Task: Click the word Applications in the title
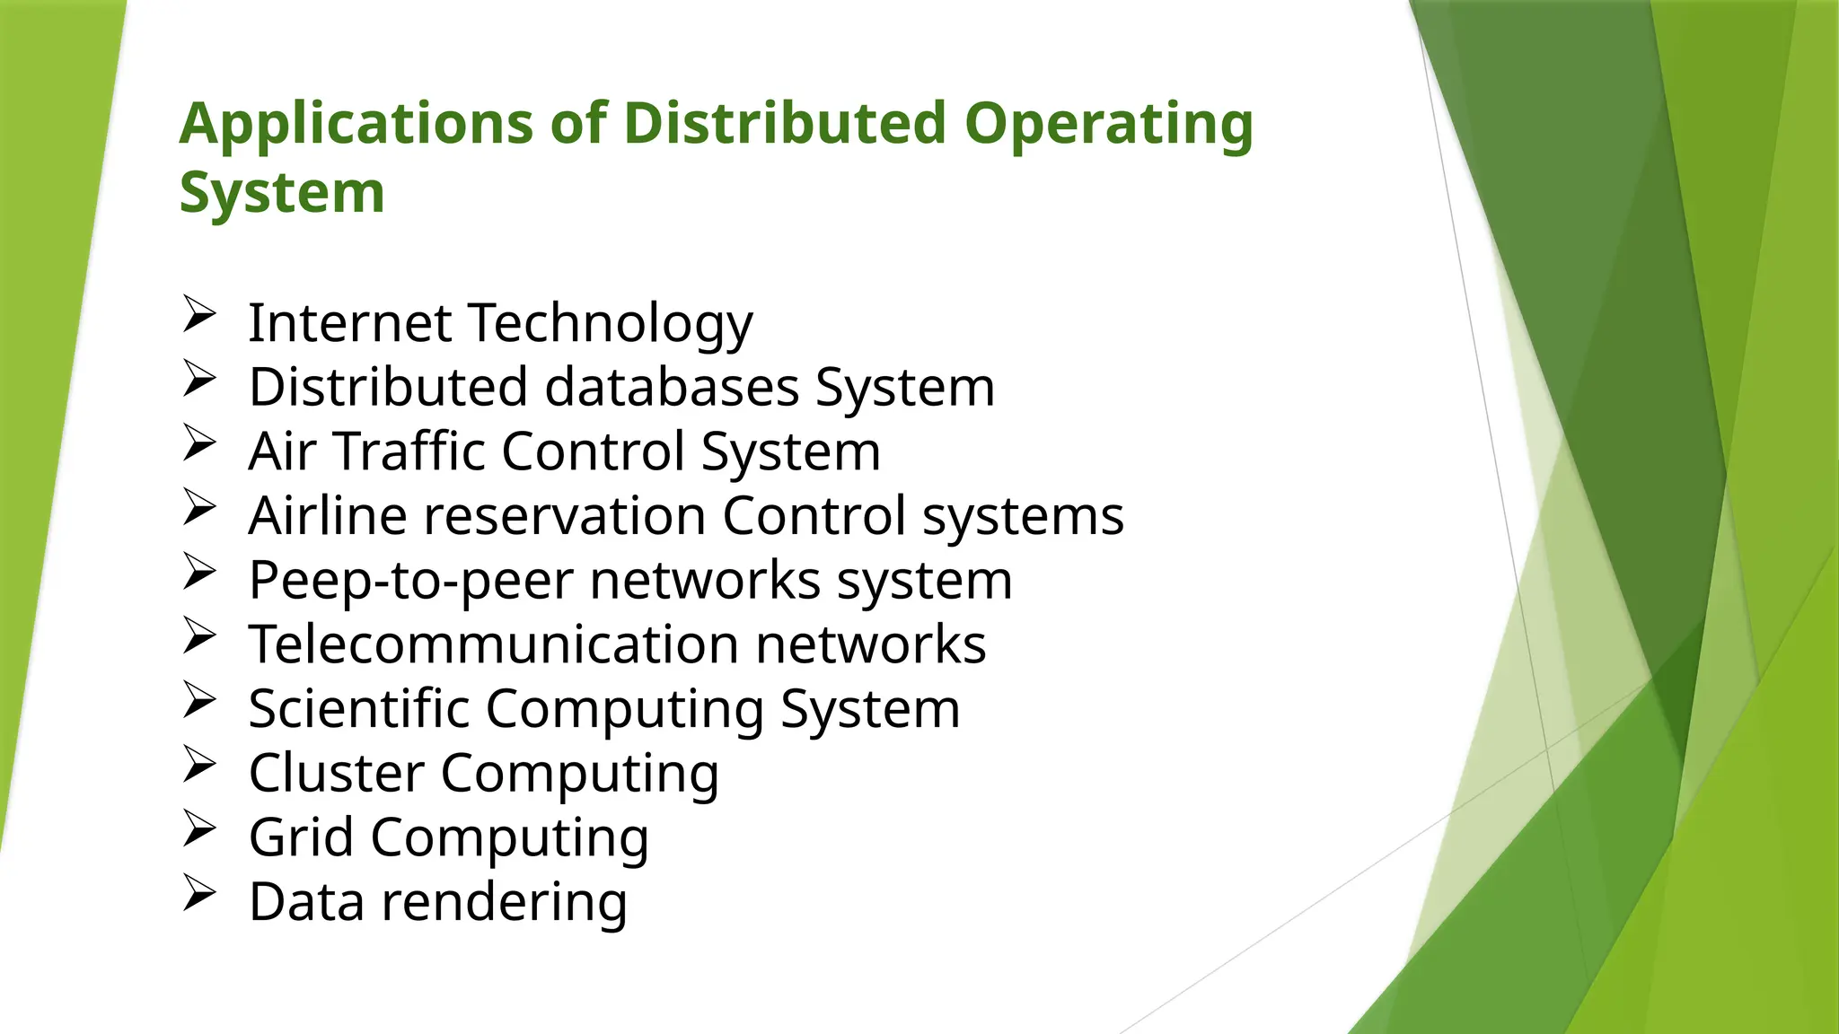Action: pos(356,124)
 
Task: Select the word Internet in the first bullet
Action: pos(349,322)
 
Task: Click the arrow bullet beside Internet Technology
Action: pos(198,314)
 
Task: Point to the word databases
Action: pos(672,387)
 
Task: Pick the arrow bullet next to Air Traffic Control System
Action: pos(198,443)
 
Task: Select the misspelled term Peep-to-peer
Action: pos(410,581)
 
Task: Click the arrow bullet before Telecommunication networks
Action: pos(198,635)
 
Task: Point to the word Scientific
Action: pos(358,708)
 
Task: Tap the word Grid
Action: pos(301,837)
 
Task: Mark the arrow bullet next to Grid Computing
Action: pos(198,828)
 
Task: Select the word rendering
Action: pos(504,902)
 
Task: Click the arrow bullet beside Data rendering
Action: pos(198,893)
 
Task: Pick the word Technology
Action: pos(611,324)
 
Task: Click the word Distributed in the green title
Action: pos(784,123)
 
